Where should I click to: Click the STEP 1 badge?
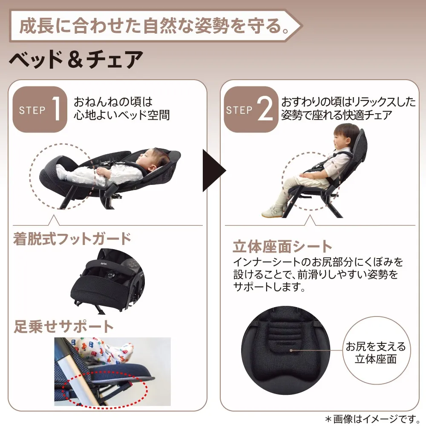click(x=40, y=109)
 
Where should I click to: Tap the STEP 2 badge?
click(x=251, y=109)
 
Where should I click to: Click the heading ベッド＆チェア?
click(x=76, y=60)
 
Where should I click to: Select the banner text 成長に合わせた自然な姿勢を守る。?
click(x=154, y=26)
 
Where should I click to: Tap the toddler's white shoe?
click(x=272, y=211)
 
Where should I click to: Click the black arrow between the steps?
click(x=214, y=171)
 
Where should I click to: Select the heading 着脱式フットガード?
click(x=72, y=239)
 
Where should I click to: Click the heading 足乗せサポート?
click(x=63, y=326)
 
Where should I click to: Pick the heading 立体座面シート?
click(x=282, y=246)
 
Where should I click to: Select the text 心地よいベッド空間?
click(x=122, y=115)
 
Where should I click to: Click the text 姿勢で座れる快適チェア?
click(x=337, y=115)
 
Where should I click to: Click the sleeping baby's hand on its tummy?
click(x=102, y=171)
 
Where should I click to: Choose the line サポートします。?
click(x=269, y=287)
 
